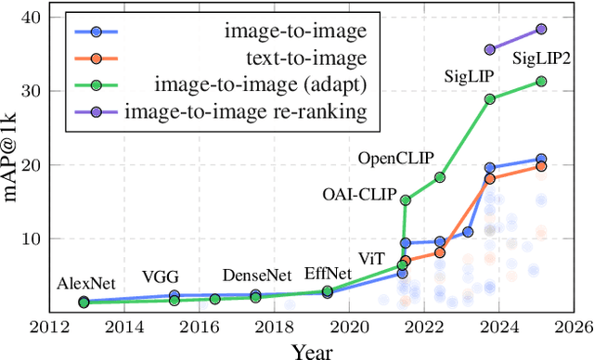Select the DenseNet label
(255, 276)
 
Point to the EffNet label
(328, 273)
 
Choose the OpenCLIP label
(395, 158)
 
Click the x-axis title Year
(313, 351)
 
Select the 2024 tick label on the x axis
(498, 328)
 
